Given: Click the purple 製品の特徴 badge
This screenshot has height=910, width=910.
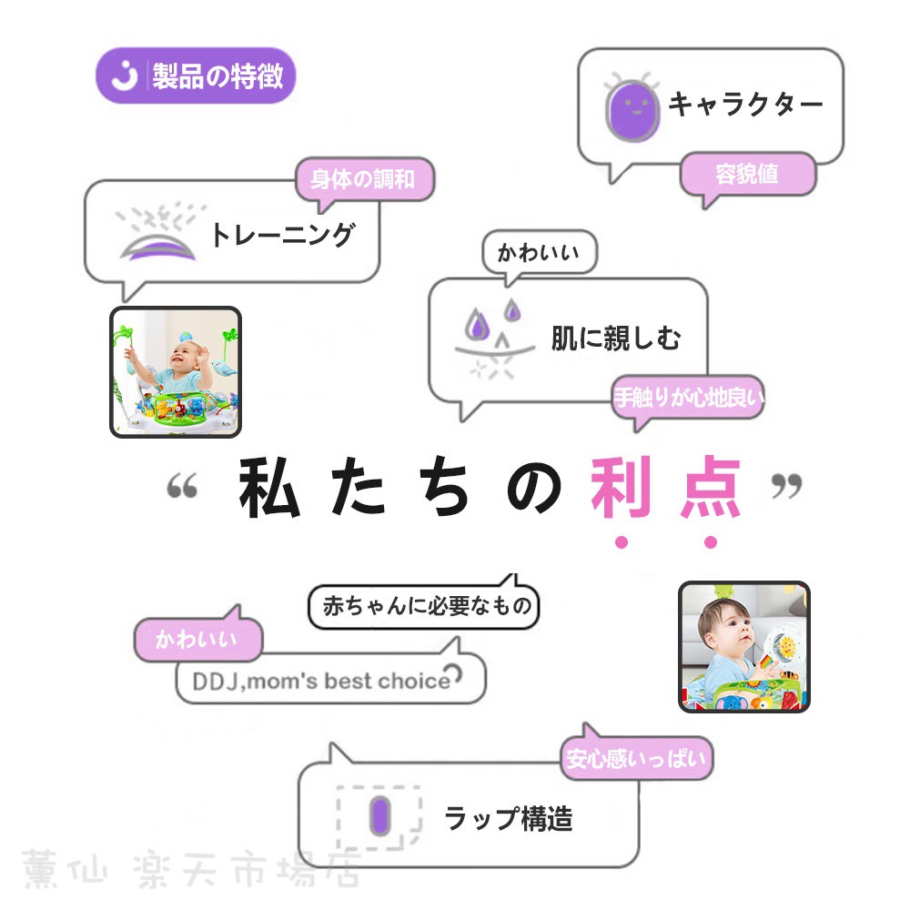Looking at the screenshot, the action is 196,76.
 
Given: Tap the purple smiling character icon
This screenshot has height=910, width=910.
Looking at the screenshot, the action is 632,108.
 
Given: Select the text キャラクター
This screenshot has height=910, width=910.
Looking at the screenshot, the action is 746,105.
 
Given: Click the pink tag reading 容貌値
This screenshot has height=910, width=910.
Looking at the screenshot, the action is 747,174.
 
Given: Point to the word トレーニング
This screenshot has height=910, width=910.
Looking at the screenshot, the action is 283,236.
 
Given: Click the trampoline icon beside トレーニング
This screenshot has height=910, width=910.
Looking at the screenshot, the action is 157,232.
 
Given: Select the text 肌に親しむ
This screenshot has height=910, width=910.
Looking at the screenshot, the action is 616,339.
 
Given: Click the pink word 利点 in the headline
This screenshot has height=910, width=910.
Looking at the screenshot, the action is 666,488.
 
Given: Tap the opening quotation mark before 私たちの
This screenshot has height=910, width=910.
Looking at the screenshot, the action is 182,485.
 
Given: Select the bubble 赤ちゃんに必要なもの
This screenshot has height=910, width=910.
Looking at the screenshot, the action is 424,606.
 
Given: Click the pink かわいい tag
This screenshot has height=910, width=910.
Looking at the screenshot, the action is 197,639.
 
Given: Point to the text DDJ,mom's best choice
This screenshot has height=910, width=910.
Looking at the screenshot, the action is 321,681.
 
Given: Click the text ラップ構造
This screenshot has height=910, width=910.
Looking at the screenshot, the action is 509,819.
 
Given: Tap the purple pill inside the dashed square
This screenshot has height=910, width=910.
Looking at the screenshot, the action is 380,816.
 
